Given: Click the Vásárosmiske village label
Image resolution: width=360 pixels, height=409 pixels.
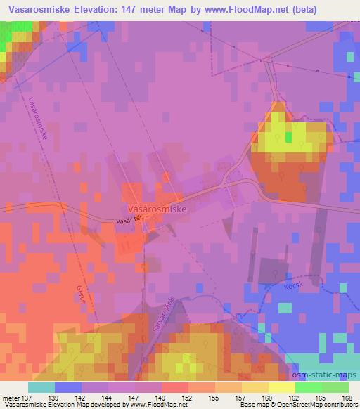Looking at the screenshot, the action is coord(157,209).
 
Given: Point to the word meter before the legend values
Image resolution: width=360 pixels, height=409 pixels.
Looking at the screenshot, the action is coord(10,397).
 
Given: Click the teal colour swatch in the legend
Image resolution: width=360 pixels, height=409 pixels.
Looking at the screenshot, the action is coord(41,387).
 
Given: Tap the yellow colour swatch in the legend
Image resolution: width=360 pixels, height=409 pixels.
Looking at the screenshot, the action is coord(281,387).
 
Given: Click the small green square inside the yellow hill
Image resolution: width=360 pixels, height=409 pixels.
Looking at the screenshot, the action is coord(288,136).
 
